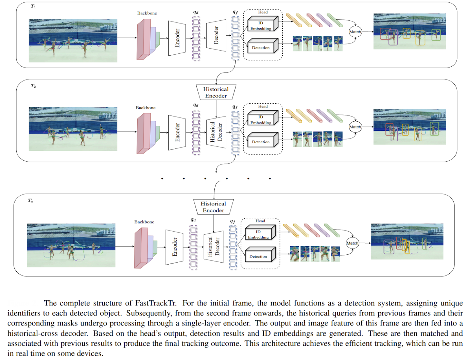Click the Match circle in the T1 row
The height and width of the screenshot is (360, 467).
click(355, 32)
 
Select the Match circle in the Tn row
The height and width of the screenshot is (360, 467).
click(352, 243)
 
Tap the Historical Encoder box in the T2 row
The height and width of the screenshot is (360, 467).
click(216, 92)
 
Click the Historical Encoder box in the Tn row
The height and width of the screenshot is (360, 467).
click(213, 207)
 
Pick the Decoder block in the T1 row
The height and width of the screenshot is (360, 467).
click(216, 35)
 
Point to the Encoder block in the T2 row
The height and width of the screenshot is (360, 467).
click(177, 132)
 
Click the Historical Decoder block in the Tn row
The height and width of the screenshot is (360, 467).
click(213, 247)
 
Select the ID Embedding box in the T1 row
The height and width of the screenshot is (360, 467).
click(261, 26)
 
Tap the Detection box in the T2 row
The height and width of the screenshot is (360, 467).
click(261, 142)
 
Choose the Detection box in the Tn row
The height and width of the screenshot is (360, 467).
click(258, 256)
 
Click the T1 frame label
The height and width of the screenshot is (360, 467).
click(33, 6)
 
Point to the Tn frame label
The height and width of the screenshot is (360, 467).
click(31, 201)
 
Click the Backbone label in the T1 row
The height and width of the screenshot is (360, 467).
click(147, 13)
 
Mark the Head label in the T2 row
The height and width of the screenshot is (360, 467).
click(263, 106)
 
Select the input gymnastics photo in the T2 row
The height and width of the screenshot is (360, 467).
click(73, 129)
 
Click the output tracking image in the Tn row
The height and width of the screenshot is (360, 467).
click(407, 241)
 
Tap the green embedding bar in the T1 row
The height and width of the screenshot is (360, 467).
click(335, 20)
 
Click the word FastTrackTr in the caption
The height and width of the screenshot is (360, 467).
click(156, 303)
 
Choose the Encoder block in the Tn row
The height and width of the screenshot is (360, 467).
click(175, 247)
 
